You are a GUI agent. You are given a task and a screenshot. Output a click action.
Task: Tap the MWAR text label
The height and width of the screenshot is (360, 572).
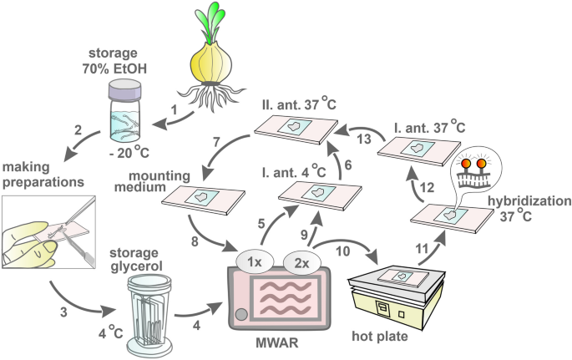click(277, 346)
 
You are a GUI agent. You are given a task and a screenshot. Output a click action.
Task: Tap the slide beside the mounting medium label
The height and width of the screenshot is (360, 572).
click(200, 198)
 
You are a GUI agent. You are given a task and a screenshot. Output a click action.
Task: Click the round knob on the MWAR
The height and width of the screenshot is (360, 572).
click(240, 315)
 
